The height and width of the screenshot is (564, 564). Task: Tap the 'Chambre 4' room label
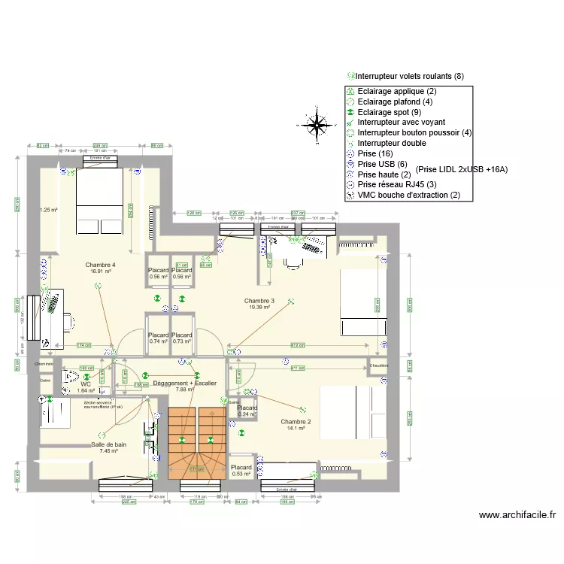coord(101,265)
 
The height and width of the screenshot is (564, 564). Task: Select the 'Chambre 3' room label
coord(259,301)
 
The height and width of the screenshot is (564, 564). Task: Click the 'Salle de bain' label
coord(109,444)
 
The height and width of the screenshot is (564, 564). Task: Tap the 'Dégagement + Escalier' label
coord(184,384)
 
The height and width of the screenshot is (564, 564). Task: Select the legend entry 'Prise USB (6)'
coord(383,164)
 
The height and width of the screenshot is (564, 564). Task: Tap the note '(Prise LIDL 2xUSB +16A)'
coord(461,170)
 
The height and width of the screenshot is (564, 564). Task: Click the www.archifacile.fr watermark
coord(517,515)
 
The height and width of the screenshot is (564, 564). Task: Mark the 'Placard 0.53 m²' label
coord(241,471)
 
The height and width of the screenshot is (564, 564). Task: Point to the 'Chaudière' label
coord(378,366)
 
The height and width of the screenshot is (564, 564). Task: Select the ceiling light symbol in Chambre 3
coord(293,302)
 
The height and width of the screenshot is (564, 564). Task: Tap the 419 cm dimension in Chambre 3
coord(298,346)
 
